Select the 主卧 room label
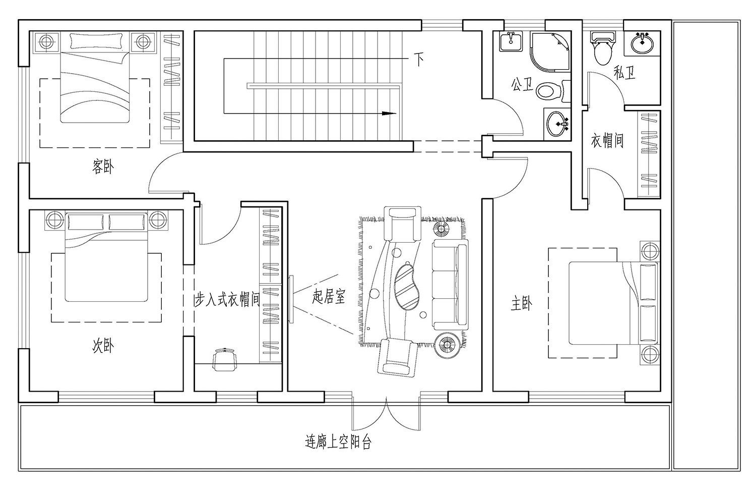(x=522, y=304)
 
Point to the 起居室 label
(x=329, y=297)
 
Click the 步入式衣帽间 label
(x=227, y=300)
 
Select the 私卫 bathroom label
(x=624, y=73)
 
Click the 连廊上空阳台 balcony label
(x=338, y=443)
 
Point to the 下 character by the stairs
(x=419, y=60)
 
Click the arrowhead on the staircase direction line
(x=388, y=114)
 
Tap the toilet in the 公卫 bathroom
(x=549, y=91)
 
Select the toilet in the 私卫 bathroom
(x=602, y=48)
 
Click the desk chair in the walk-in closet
(x=225, y=359)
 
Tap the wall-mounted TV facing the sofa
(x=291, y=298)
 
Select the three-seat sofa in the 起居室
(x=450, y=285)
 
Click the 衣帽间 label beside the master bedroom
(x=607, y=140)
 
